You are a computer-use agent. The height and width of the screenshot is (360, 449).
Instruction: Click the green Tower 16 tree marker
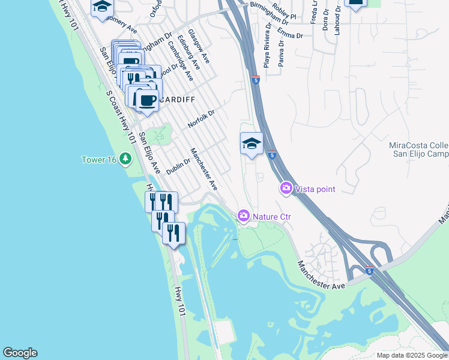tap(125, 159)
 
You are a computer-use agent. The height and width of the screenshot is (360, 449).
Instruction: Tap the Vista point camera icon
tap(286, 189)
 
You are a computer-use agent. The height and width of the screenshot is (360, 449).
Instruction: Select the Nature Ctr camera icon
tap(244, 215)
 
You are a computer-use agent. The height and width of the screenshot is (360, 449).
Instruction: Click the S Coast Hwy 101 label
tap(121, 116)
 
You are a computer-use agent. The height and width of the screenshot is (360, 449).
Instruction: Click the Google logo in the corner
tap(20, 353)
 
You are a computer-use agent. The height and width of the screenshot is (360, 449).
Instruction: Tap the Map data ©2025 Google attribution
tap(412, 355)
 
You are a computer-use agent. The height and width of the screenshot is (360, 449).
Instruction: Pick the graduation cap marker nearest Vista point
tap(252, 143)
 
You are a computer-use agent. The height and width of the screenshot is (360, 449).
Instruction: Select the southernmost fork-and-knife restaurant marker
tap(173, 232)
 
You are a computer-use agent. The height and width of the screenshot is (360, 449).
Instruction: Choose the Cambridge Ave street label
tap(180, 61)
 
